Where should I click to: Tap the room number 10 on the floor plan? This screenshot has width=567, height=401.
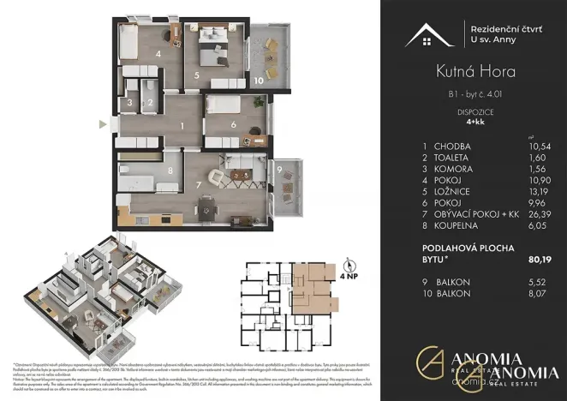pyautogui.click(x=258, y=81)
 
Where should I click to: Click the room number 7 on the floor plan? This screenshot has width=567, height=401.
pyautogui.click(x=199, y=184)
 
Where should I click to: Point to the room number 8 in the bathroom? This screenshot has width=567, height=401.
pyautogui.click(x=170, y=171)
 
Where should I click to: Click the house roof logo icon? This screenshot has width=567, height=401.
pyautogui.click(x=430, y=34)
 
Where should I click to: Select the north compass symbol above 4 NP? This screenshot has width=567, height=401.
pyautogui.click(x=348, y=264)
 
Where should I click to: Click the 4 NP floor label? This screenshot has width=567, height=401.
pyautogui.click(x=349, y=278)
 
